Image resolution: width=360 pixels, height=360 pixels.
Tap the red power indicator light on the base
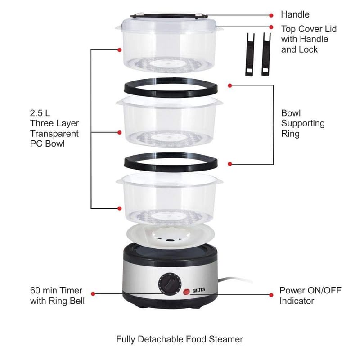[186, 292]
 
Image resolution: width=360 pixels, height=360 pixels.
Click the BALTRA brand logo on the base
[198, 290]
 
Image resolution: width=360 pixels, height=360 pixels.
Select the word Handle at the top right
[295, 14]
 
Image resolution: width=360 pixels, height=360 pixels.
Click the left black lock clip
[250, 54]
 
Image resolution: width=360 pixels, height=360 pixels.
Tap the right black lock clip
[266, 54]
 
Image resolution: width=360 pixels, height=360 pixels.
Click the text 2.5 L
[40, 113]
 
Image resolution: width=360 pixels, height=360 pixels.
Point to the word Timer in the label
[71, 290]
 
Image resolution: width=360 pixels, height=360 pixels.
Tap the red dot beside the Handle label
[271, 15]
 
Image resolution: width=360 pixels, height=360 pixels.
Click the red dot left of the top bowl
[119, 49]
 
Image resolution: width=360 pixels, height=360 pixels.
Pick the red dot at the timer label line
[93, 294]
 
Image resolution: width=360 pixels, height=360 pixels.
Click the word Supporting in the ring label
[303, 123]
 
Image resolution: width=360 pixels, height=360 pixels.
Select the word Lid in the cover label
[331, 29]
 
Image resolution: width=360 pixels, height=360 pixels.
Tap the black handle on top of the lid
[169, 15]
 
